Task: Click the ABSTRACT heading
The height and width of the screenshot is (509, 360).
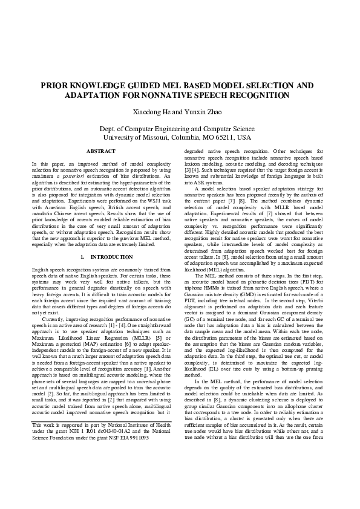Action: pyautogui.click(x=101, y=151)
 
